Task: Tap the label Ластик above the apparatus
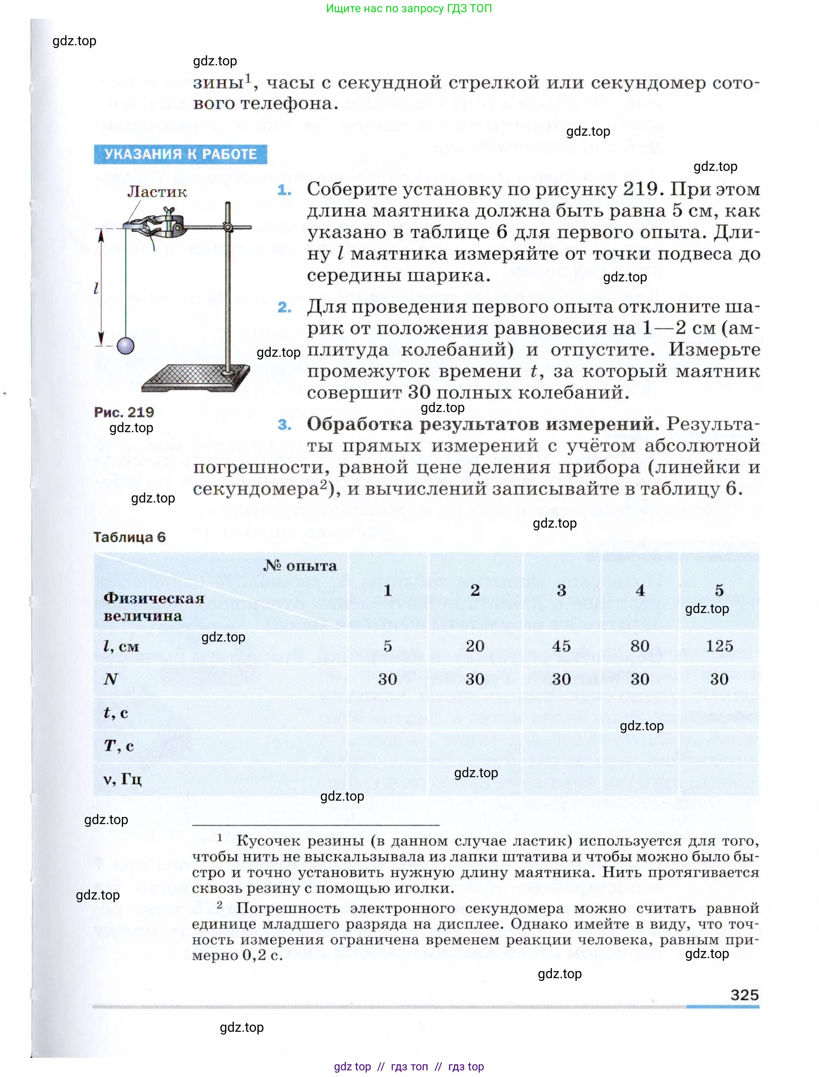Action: coord(157,192)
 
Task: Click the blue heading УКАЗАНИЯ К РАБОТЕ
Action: coord(180,154)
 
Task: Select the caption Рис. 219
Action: coord(124,412)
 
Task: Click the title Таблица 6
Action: coord(130,537)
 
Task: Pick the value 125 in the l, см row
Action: coord(719,646)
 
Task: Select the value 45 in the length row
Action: coord(561,646)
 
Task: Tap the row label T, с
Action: coord(118,746)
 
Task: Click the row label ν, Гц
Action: coord(122,779)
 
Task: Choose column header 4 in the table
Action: coord(640,590)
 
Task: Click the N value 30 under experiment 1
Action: coord(388,679)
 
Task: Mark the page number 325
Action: coord(745,995)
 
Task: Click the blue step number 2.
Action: coord(285,307)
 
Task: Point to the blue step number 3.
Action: coord(285,425)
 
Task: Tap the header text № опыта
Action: coord(300,566)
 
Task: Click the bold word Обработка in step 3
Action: coord(360,424)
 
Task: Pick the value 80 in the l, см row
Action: coord(639,646)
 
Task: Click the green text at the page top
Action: coord(408,8)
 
